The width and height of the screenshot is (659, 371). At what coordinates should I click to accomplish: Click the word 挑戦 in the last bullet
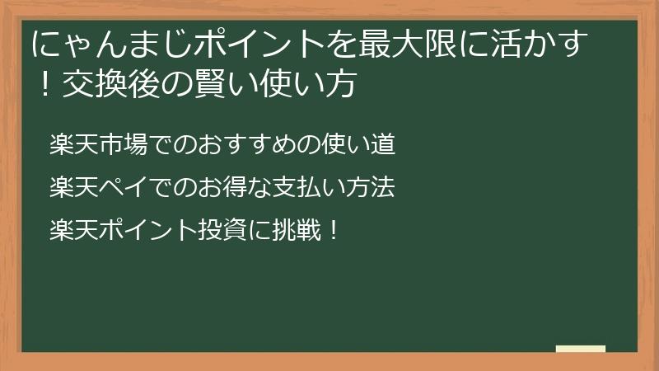(x=301, y=228)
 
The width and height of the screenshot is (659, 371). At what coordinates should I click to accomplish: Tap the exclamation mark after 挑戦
(x=333, y=228)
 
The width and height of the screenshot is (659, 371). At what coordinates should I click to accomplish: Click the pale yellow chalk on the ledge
(x=581, y=349)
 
